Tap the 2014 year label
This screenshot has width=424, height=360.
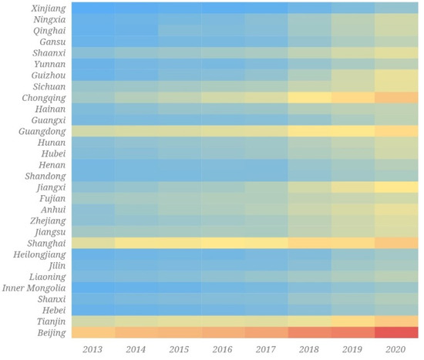pyautogui.click(x=136, y=350)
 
